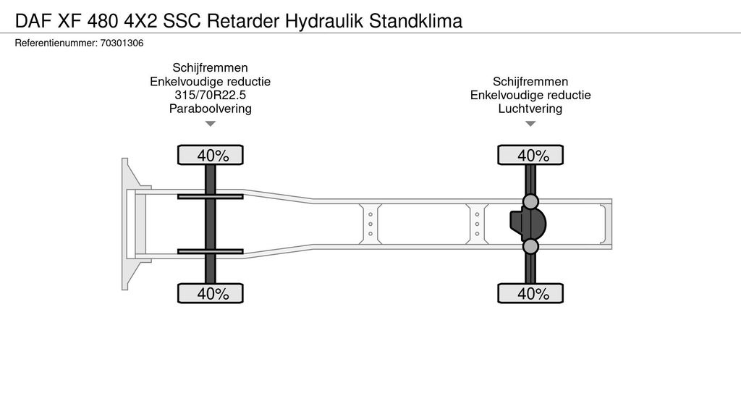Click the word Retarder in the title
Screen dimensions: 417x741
tap(245, 21)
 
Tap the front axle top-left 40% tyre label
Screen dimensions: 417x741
tap(211, 155)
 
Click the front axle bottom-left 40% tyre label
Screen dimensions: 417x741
tap(211, 293)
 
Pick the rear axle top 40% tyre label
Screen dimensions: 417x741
tap(530, 155)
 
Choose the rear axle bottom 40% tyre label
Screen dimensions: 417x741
tap(530, 293)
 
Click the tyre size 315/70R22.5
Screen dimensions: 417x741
tap(210, 95)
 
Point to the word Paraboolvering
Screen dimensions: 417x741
tap(210, 109)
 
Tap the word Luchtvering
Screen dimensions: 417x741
tap(530, 109)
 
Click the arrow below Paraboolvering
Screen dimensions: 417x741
tap(211, 124)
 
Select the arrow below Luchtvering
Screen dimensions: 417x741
tap(530, 124)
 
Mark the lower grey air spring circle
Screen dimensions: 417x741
tap(530, 247)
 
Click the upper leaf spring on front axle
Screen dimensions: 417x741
tap(210, 196)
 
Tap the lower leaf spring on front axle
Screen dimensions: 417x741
tap(210, 251)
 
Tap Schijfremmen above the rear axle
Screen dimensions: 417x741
tap(530, 81)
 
